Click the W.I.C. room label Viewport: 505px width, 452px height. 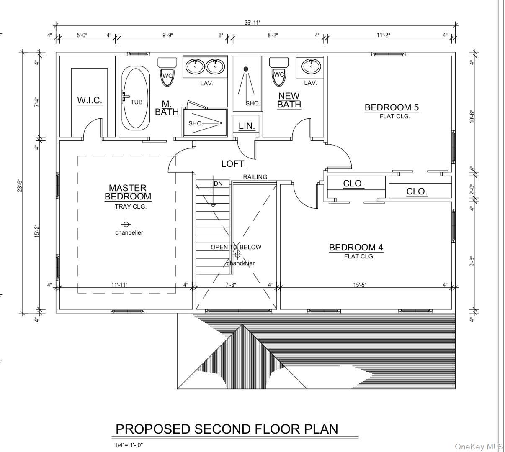coord(90,100)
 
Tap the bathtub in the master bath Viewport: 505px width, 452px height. coord(136,98)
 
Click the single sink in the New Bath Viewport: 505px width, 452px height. coord(311,66)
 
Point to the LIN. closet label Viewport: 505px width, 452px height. coord(247,126)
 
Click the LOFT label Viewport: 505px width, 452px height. coord(232,163)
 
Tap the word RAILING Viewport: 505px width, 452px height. coord(255,177)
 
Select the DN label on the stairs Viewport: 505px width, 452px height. coord(218,184)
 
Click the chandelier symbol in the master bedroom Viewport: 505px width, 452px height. coord(126,224)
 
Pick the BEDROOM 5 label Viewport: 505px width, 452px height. coord(392,107)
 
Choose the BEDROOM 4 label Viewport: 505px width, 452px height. coord(356,248)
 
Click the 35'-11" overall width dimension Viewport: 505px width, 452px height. coord(255,23)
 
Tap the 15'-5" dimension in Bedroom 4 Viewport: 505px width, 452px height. coord(360,285)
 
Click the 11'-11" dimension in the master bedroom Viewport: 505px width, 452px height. coord(119,285)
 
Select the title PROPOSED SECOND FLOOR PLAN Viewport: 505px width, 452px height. coord(227,429)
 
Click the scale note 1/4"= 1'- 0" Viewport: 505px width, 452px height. coord(129,445)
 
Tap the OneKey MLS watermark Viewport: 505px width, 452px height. coord(479,447)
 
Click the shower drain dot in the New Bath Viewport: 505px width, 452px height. coord(246,69)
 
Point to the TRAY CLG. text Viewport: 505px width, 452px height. coord(131,207)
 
